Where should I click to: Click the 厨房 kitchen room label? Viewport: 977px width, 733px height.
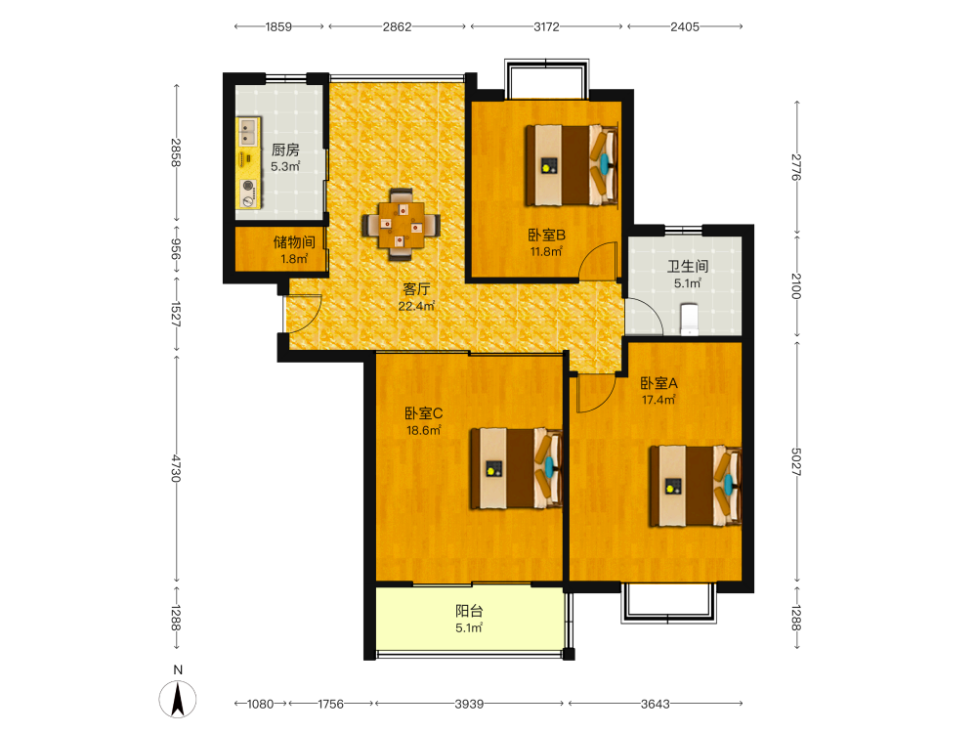click(285, 150)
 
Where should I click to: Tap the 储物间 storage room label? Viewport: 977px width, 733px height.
click(294, 241)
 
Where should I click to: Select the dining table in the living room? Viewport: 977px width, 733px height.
click(402, 225)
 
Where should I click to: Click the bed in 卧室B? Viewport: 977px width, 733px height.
click(572, 165)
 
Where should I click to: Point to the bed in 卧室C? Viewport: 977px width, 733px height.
click(517, 468)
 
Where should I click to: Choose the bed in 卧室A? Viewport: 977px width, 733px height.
click(696, 486)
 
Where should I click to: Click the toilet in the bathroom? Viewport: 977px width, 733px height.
click(689, 318)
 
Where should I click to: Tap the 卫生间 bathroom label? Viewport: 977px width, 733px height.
click(688, 266)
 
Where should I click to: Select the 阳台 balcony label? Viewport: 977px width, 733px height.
click(469, 611)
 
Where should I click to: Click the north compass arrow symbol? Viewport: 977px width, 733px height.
click(178, 700)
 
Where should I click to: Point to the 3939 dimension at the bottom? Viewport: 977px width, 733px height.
click(469, 704)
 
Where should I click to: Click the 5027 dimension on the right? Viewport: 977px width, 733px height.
click(796, 461)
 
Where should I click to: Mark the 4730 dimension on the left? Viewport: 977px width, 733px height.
click(176, 468)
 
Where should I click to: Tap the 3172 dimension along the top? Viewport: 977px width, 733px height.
click(546, 26)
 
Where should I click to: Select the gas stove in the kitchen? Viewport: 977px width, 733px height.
click(248, 194)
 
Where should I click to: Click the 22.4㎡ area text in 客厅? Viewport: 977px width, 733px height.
click(416, 306)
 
